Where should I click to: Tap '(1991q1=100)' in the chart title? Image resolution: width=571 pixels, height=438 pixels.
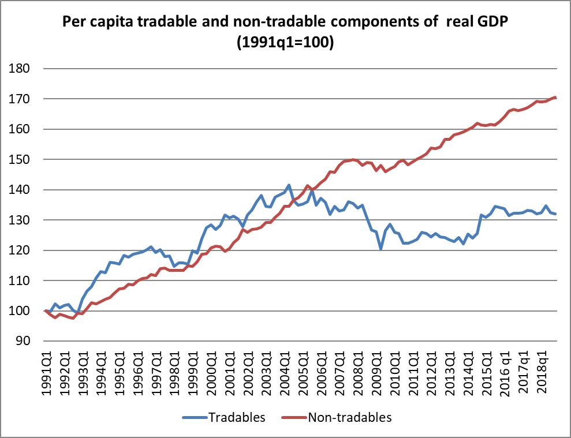point(285,43)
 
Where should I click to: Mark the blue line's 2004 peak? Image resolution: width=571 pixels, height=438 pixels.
point(289,185)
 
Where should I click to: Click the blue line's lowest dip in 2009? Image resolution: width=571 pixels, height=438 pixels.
point(381,249)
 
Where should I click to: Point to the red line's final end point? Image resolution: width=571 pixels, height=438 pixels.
point(555,98)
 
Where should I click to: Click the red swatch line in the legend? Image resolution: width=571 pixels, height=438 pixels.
point(292,417)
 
